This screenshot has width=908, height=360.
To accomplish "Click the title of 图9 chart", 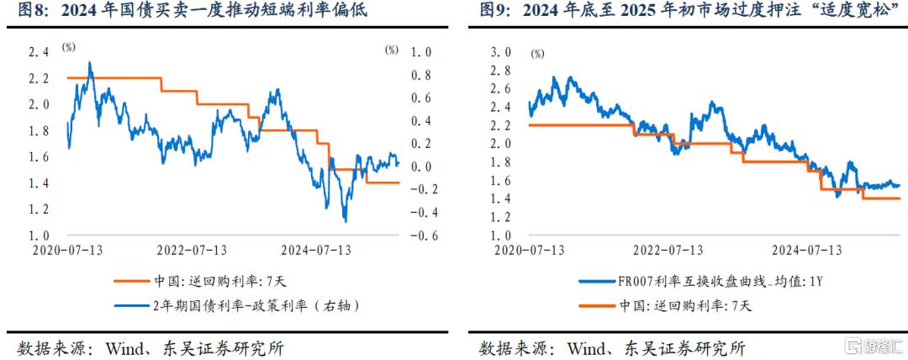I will [x=684, y=11].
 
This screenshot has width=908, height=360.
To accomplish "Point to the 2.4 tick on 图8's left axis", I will [x=39, y=52].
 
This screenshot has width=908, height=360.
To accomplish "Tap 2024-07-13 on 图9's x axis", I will [x=807, y=250].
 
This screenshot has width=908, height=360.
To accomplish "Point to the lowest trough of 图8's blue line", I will [x=346, y=221].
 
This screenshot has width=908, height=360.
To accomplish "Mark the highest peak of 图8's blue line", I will [x=90, y=62].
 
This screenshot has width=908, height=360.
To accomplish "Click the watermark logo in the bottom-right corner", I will [x=874, y=346].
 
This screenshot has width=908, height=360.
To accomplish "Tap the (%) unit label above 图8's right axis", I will [x=393, y=50].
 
